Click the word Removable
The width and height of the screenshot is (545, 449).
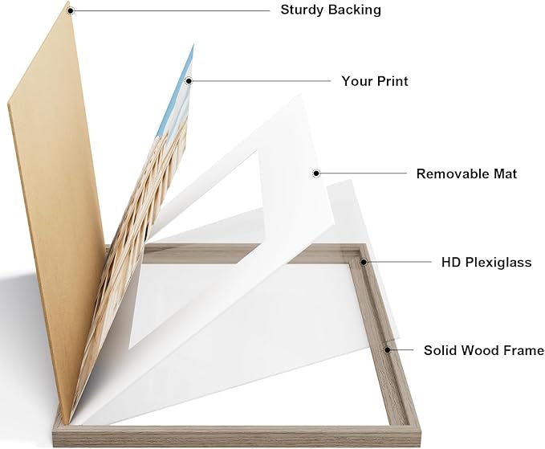[x=454, y=173]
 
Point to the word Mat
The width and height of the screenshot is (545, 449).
[x=506, y=173]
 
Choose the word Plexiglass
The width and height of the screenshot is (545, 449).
[x=498, y=263]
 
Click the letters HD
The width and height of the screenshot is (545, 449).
[x=452, y=262]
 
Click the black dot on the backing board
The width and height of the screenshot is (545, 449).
[x=71, y=10]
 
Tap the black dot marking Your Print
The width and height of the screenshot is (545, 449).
[x=189, y=81]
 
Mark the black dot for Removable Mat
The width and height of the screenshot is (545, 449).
[x=316, y=173]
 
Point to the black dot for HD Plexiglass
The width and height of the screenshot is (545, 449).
[x=364, y=262]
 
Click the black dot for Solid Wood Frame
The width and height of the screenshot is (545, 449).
[x=388, y=349]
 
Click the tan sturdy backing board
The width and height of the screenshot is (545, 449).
[x=55, y=209]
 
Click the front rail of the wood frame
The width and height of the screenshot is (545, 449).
[x=236, y=435]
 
